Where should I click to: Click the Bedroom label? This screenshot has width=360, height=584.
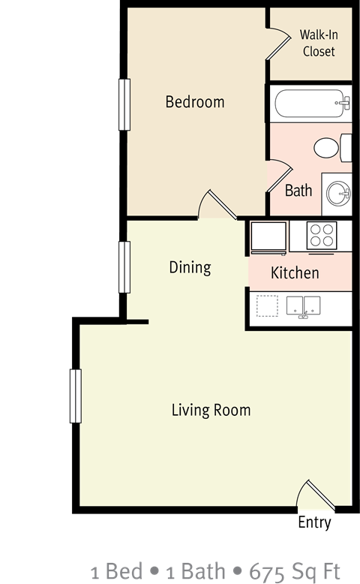195,102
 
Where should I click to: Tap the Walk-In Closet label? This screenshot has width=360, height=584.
317,43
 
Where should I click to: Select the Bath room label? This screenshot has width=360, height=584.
298,190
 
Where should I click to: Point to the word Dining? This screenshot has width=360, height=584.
190,266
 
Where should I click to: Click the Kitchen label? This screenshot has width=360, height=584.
295,272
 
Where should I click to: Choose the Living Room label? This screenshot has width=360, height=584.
211,410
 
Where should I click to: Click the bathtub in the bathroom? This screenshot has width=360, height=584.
310,104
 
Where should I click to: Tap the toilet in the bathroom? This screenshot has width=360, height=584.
332,147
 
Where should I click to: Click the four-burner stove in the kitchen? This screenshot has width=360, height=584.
322,236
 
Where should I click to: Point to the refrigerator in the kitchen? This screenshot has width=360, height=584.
268,236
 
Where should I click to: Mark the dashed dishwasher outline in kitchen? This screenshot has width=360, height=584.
267,306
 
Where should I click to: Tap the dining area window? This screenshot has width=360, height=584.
124,267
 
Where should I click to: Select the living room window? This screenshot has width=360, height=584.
75,396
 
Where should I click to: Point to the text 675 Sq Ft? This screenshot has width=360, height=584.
308,571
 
